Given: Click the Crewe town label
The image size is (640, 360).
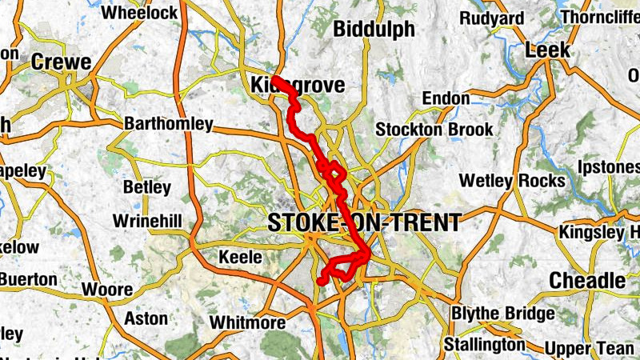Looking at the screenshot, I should click(x=62, y=63).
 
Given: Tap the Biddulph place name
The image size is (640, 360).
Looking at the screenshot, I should click(x=374, y=30).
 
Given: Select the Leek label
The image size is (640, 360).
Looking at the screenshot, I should click(x=548, y=50).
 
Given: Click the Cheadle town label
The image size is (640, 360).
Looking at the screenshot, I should click(x=588, y=281).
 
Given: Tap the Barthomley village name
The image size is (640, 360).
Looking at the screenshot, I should click(x=170, y=124).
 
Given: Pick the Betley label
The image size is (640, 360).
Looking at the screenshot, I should click(x=147, y=188).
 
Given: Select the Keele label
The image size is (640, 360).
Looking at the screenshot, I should click(x=241, y=258).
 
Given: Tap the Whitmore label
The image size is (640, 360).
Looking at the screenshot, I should click(x=247, y=323).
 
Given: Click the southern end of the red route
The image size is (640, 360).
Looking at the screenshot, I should click(x=321, y=282).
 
